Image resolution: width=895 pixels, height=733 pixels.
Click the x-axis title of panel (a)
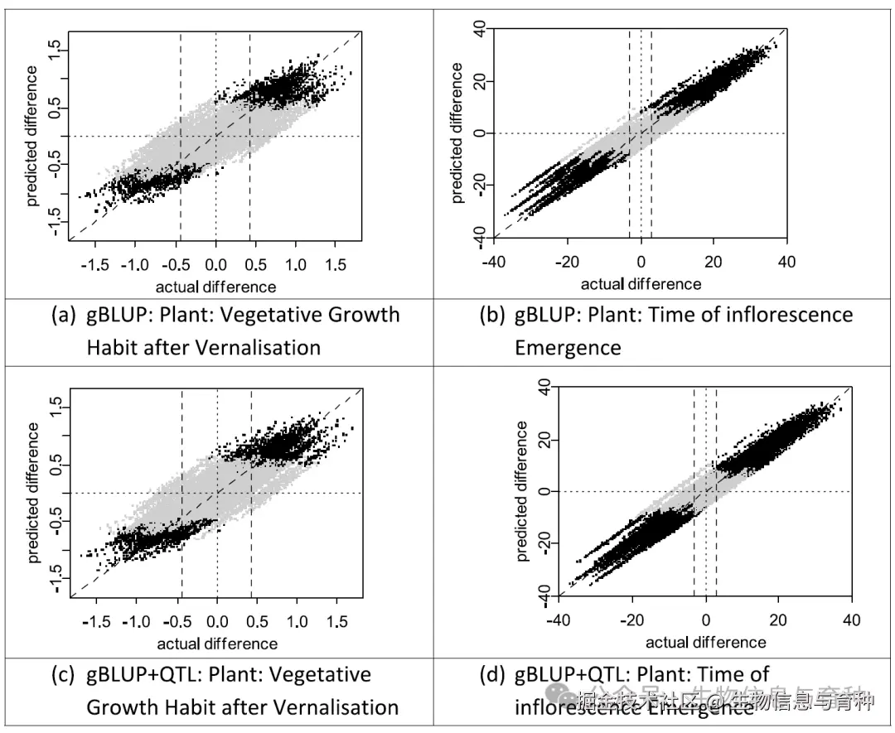click(x=215, y=287)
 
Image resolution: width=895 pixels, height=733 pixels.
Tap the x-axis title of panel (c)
click(x=217, y=644)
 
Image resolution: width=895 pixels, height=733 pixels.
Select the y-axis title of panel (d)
click(x=521, y=491)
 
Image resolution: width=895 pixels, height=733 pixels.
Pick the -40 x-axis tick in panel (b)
click(x=495, y=262)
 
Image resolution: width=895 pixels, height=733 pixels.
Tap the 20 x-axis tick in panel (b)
click(x=714, y=262)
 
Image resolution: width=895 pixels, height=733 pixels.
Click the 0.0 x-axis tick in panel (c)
click(x=217, y=620)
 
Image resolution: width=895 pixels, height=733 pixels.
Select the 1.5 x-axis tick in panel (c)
click(x=336, y=620)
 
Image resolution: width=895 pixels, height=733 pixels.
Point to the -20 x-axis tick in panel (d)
click(x=633, y=620)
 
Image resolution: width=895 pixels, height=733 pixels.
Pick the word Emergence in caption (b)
click(x=568, y=347)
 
